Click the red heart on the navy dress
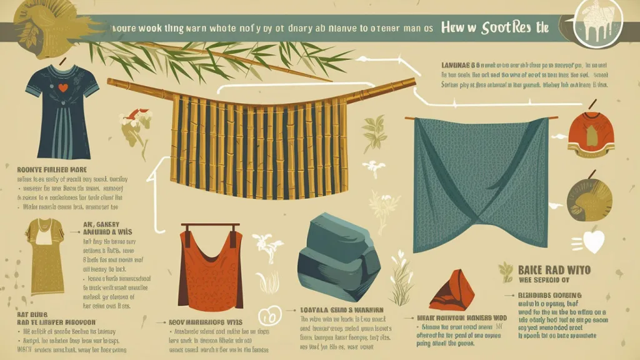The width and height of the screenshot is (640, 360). [x=62, y=87]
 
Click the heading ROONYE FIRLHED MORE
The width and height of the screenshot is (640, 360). [x=52, y=169]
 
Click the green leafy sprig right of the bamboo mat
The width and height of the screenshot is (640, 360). [x=376, y=129]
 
